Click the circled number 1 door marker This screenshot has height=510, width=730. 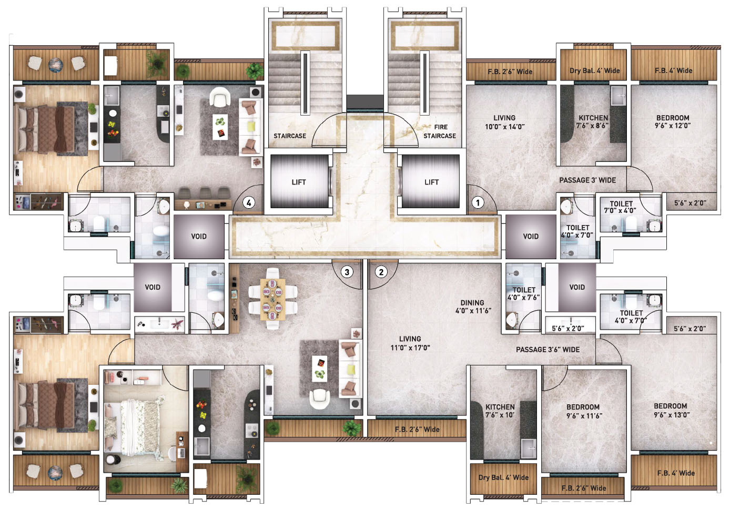tap(478, 202)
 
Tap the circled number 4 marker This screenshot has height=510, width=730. tap(249, 202)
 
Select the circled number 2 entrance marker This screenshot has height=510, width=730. tap(381, 272)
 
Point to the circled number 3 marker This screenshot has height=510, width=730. tap(347, 272)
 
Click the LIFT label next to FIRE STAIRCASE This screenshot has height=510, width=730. tap(431, 182)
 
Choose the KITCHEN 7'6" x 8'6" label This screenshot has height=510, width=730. tap(593, 121)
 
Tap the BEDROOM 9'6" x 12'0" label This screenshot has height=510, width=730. tap(672, 121)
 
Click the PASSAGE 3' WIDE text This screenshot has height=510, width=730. tap(587, 180)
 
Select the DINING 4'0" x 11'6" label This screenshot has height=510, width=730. tap(472, 307)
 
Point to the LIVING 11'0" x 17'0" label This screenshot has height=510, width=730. tap(410, 343)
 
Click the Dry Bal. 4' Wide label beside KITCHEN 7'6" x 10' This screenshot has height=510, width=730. tap(503, 477)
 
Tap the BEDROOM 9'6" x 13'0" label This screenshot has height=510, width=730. tap(671, 410)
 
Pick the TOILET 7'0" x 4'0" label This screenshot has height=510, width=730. tap(621, 207)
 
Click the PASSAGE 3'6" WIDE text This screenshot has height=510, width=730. tap(547, 350)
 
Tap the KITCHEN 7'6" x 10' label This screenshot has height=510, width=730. tap(500, 411)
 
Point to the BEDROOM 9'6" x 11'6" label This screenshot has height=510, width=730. tap(583, 411)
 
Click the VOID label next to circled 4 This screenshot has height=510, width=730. tap(199, 237)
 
